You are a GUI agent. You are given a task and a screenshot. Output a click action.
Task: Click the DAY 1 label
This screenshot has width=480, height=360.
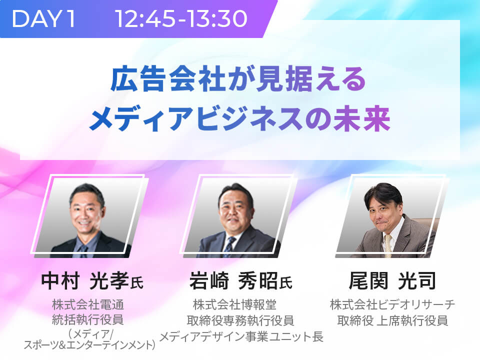43,18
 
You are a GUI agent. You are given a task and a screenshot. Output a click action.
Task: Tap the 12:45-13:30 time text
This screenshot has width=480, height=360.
181,18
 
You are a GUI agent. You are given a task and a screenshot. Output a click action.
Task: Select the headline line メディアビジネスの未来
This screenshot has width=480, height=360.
239,119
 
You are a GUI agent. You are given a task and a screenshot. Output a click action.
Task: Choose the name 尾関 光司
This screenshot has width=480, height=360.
392,280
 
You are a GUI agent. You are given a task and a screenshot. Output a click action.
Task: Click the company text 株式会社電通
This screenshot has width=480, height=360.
88,305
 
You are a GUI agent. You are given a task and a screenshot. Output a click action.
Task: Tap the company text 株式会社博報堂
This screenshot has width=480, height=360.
234,305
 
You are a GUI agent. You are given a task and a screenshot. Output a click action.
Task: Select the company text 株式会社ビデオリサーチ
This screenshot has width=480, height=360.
392,305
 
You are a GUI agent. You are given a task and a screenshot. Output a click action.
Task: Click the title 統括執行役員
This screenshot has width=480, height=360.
88,319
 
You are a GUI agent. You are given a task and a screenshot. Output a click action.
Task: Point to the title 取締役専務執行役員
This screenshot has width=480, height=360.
240,320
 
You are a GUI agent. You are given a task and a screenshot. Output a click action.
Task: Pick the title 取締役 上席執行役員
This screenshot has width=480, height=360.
392,320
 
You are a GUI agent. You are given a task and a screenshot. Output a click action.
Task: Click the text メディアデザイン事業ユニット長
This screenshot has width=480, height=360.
241,336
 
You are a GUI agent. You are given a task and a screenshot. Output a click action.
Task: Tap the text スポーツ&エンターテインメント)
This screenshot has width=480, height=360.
89,345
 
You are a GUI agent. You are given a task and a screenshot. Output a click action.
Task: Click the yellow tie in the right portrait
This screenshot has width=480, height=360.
388,244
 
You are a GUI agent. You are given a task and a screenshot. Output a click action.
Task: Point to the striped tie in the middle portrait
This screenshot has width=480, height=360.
229,246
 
